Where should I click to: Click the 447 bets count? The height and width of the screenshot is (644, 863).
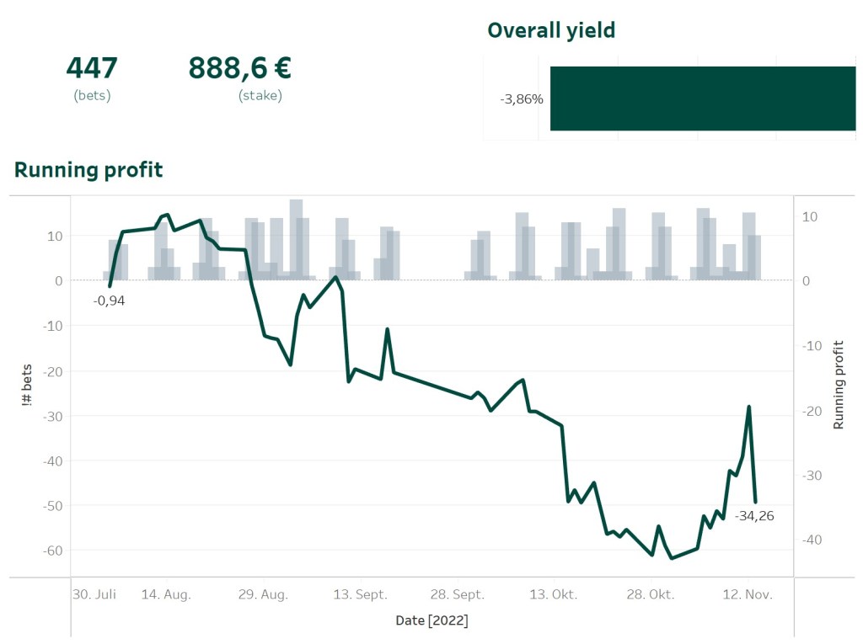point(92,68)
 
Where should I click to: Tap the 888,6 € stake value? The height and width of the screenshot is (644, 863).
point(239,68)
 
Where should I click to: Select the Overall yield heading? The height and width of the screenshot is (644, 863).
point(551,31)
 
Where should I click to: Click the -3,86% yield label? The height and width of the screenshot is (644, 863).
point(522,99)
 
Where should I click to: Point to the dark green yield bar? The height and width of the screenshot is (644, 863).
point(702,98)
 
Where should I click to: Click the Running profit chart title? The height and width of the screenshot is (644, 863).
point(88,170)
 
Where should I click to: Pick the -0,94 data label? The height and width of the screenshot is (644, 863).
point(109,301)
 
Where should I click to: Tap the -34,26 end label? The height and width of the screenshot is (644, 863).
point(753,516)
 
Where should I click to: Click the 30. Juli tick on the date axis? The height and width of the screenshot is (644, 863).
point(94,594)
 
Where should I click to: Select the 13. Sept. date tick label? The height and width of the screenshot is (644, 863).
point(360,594)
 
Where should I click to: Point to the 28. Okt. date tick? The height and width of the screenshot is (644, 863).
point(651,594)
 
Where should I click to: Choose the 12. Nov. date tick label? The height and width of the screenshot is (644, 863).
point(748,594)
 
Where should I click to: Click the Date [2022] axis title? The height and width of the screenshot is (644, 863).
point(431,621)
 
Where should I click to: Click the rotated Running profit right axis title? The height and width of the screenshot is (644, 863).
point(839,385)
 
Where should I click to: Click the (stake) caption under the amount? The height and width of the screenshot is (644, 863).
point(260,96)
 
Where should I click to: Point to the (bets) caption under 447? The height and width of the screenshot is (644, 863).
point(92,96)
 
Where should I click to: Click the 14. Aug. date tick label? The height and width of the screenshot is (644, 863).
point(166,594)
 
